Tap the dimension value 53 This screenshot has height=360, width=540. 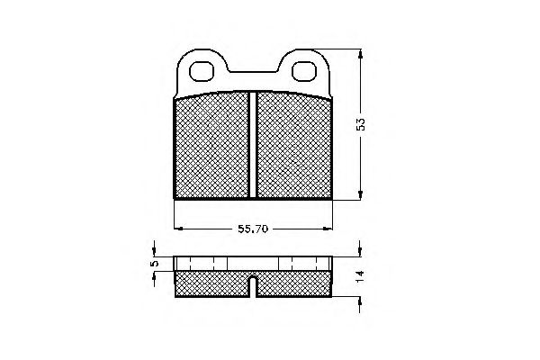tap(361, 124)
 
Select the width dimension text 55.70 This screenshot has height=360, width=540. tap(255, 229)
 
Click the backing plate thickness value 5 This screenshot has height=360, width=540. tap(154, 264)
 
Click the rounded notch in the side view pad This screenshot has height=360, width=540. tap(254, 287)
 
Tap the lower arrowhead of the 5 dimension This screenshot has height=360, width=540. tap(154, 276)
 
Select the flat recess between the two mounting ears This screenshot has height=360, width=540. tap(253, 71)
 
